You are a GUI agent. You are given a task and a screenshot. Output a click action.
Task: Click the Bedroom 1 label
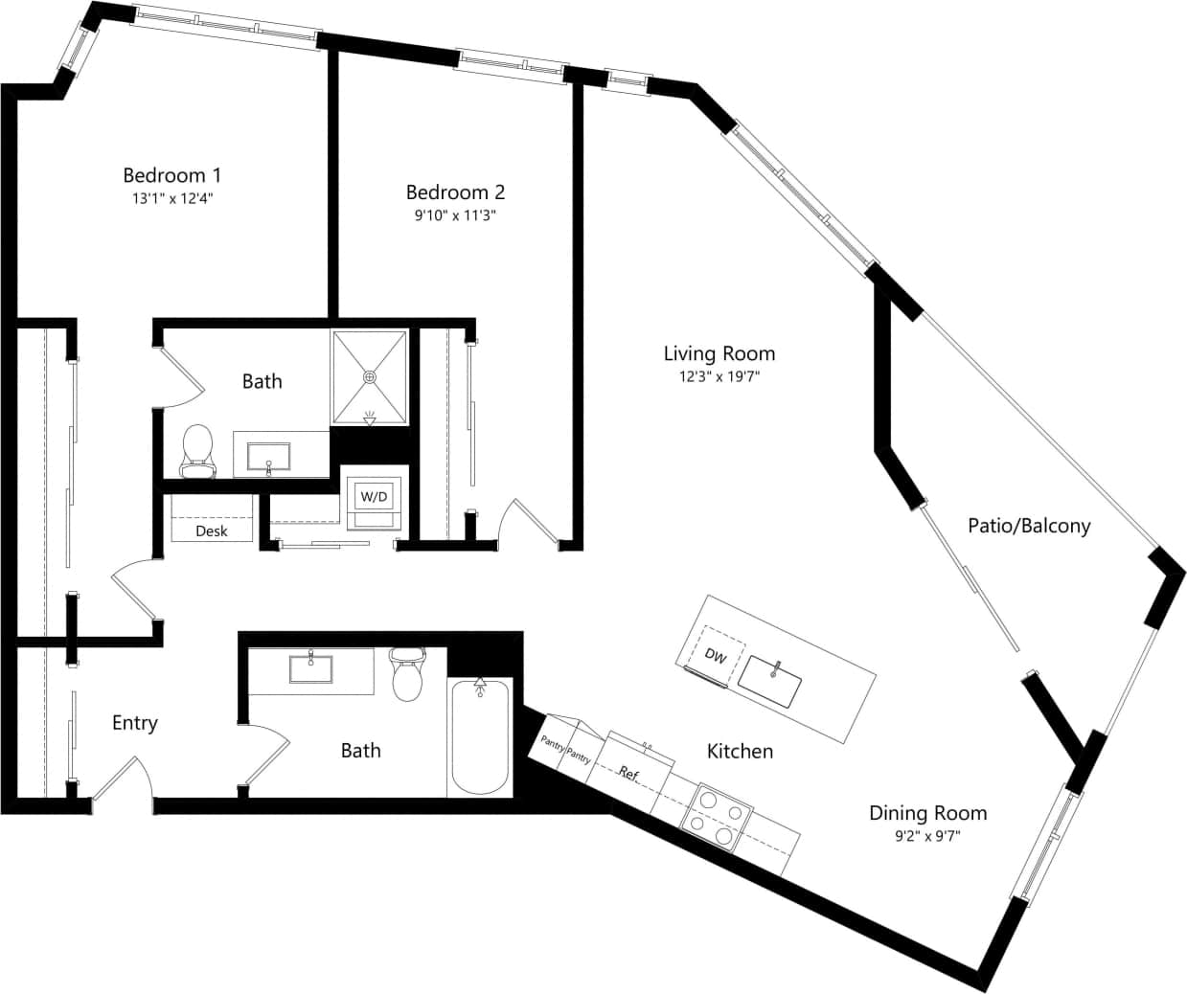click(172, 175)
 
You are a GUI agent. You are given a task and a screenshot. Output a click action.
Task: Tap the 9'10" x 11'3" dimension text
click(455, 215)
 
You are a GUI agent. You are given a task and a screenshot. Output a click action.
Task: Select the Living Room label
click(719, 353)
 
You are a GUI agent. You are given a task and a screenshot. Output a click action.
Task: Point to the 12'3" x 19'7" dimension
click(719, 377)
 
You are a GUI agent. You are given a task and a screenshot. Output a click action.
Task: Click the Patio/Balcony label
click(1029, 525)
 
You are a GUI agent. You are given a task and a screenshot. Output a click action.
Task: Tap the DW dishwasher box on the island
click(716, 655)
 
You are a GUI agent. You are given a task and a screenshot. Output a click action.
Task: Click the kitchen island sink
click(775, 681)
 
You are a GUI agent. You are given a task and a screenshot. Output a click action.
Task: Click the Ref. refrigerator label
click(628, 772)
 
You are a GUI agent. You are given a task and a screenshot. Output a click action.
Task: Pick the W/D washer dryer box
click(374, 496)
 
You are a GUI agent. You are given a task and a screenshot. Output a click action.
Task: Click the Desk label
click(211, 531)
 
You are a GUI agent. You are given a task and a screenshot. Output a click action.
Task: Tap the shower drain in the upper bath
click(370, 376)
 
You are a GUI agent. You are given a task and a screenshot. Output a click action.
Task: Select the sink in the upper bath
click(269, 457)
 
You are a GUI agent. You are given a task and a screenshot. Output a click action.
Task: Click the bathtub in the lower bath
click(480, 737)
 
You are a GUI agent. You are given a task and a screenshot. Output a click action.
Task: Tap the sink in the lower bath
click(310, 668)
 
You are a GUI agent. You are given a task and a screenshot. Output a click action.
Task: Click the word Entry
click(134, 723)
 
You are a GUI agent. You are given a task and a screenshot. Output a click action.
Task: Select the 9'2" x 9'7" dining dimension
click(927, 836)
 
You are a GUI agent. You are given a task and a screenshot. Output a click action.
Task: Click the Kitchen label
click(740, 752)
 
